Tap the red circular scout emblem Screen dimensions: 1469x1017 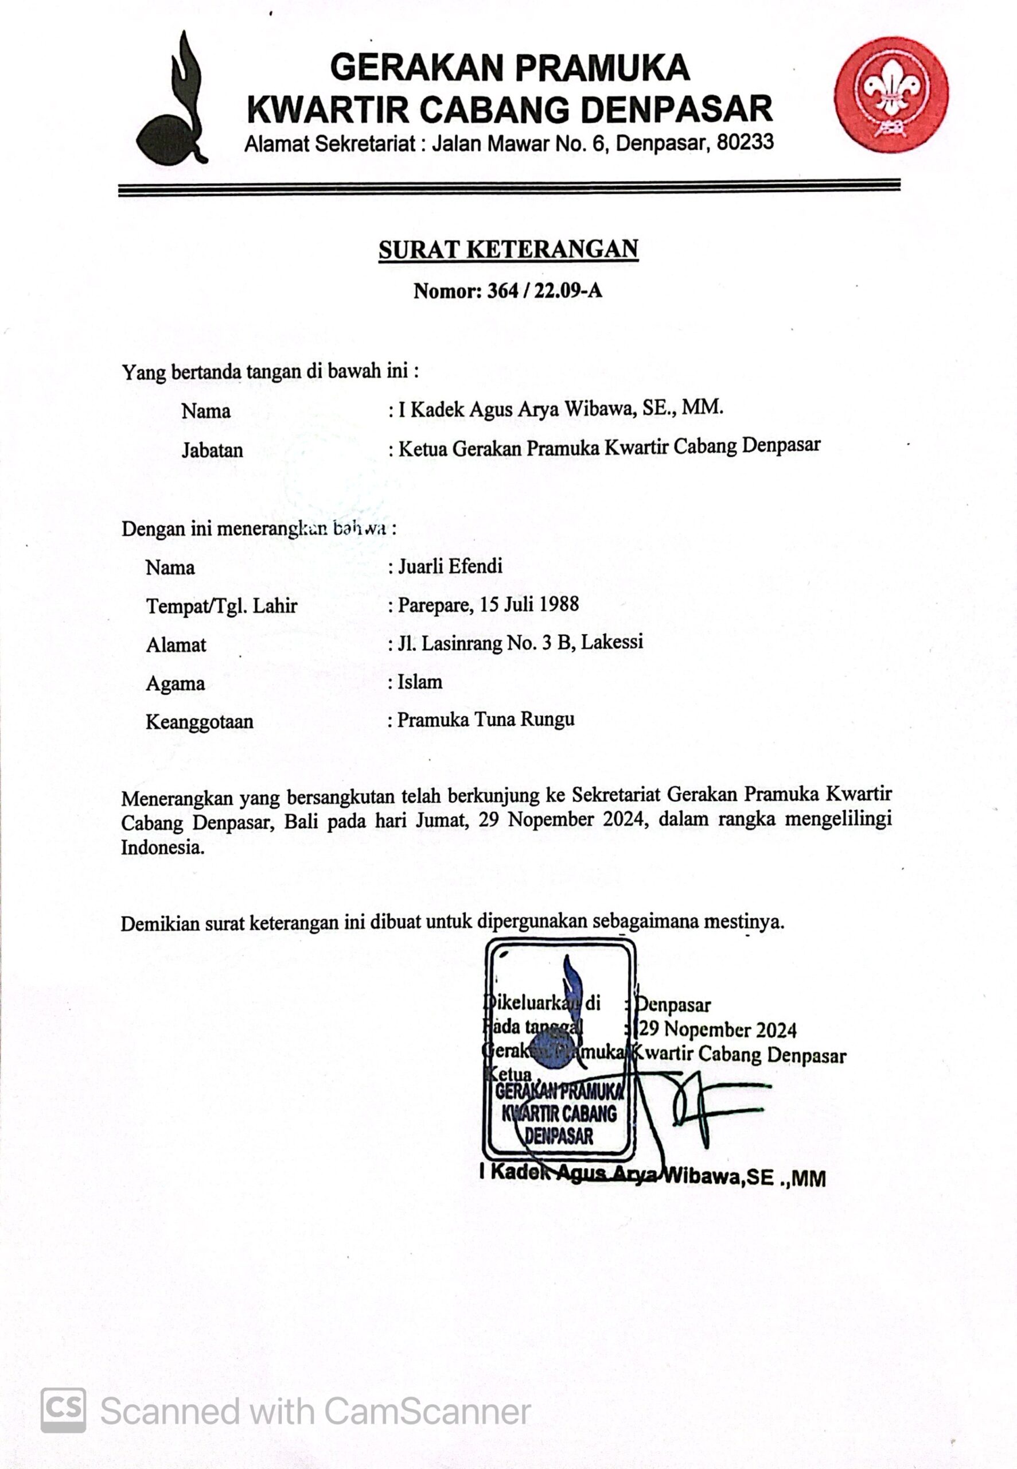891,94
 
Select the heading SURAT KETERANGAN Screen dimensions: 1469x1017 508,249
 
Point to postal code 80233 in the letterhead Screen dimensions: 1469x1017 745,142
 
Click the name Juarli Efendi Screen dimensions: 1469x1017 450,566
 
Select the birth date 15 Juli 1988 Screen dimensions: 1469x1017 529,604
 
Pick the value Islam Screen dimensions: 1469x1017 419,682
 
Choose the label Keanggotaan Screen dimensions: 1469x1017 200,722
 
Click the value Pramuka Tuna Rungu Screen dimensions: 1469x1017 486,720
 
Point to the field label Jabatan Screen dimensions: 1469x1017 212,450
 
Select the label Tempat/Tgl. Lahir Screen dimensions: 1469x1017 222,605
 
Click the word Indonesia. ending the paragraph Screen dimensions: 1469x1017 163,848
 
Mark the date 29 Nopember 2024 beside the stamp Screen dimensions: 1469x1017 718,1029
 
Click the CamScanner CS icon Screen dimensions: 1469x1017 63,1410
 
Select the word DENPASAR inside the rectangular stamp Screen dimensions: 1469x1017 559,1136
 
